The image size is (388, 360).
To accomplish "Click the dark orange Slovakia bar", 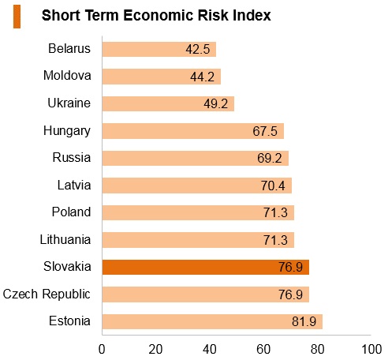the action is [x=206, y=267].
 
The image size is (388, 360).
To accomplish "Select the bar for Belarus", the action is [x=159, y=49].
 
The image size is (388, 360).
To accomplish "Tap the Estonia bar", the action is [x=212, y=321].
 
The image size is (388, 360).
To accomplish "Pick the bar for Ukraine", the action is [x=168, y=103].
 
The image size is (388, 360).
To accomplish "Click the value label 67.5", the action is [x=265, y=131].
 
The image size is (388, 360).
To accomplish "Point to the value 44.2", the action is [x=202, y=77].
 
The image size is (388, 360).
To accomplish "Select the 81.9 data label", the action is [x=304, y=321].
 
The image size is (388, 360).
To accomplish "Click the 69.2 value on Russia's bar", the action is [x=270, y=158].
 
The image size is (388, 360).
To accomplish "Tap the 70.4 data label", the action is [x=273, y=186].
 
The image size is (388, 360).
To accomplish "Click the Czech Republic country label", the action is [x=47, y=294].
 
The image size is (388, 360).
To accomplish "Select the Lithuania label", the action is [x=65, y=239].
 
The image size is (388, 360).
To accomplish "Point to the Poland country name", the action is [x=71, y=212].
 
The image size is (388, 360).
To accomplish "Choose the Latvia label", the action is [x=74, y=185].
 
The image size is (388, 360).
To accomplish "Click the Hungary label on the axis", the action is [x=67, y=131].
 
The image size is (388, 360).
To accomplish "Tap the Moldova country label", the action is [x=67, y=76].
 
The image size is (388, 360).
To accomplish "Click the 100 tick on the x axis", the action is [x=371, y=349].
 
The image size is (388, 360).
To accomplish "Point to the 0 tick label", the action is [x=102, y=349].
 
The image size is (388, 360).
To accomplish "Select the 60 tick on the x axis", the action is [x=263, y=349].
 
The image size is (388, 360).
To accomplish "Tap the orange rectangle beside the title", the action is [x=17, y=17].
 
